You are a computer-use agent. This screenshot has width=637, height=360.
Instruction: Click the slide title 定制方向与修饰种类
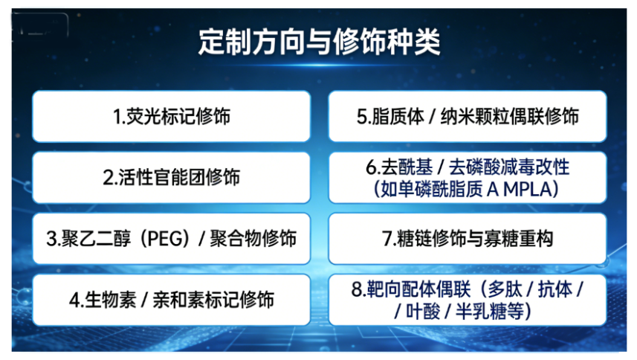[x=319, y=42]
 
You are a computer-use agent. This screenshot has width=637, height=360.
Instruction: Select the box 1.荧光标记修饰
[x=171, y=117]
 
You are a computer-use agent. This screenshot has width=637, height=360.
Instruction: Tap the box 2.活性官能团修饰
[x=171, y=178]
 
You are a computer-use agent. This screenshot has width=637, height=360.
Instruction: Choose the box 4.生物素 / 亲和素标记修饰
[x=171, y=300]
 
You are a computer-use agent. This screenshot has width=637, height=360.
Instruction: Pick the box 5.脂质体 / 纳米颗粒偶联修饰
[x=468, y=117]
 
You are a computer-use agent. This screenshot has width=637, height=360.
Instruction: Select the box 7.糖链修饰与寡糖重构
[x=468, y=239]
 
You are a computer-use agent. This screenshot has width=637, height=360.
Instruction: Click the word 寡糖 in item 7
[x=502, y=239]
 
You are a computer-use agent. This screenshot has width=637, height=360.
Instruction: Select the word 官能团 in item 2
[x=175, y=178]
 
